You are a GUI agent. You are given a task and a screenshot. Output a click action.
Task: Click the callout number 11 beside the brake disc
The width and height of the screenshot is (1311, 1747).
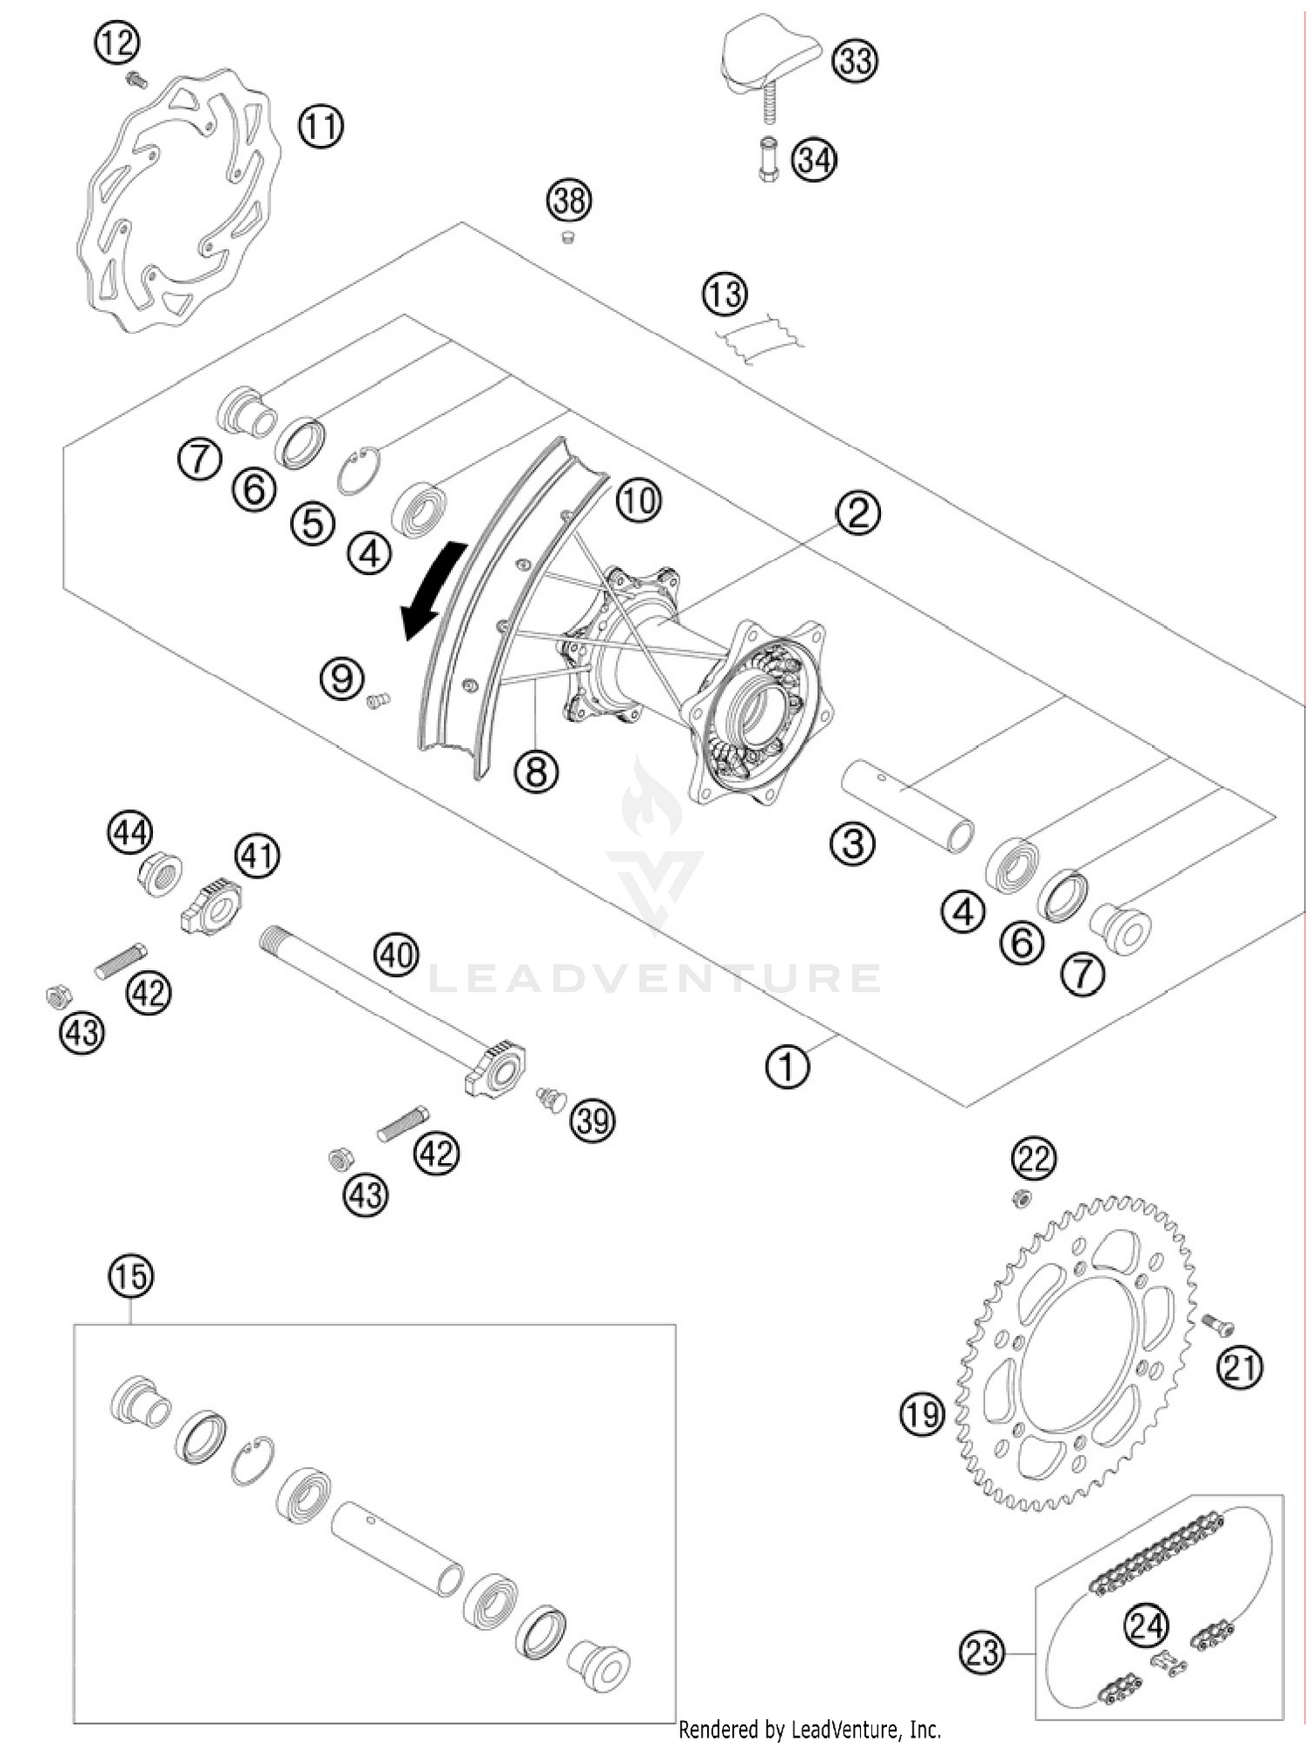pyautogui.click(x=321, y=126)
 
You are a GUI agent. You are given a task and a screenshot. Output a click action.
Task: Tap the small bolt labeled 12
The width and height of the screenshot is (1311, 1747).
pyautogui.click(x=135, y=80)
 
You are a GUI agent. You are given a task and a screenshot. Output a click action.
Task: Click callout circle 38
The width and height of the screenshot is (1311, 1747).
pyautogui.click(x=569, y=201)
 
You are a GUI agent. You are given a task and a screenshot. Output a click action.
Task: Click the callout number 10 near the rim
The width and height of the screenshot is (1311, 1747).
pyautogui.click(x=638, y=501)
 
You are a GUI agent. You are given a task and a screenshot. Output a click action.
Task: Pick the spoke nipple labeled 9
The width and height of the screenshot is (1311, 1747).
pyautogui.click(x=378, y=699)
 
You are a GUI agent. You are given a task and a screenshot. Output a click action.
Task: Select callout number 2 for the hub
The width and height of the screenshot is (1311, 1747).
pyautogui.click(x=857, y=512)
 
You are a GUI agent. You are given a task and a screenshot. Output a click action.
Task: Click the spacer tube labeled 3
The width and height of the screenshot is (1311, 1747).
pyautogui.click(x=909, y=804)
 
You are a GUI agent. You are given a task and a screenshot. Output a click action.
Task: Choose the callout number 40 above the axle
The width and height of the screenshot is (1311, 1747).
pyautogui.click(x=397, y=954)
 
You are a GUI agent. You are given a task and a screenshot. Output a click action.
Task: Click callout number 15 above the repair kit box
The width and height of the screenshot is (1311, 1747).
pyautogui.click(x=130, y=1277)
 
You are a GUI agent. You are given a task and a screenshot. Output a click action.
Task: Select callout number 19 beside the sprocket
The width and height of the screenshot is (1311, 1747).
pyautogui.click(x=922, y=1413)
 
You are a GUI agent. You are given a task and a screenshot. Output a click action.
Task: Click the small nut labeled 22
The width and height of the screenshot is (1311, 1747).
pyautogui.click(x=1019, y=1200)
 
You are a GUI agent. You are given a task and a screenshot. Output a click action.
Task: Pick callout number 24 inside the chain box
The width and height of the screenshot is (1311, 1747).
pyautogui.click(x=1146, y=1626)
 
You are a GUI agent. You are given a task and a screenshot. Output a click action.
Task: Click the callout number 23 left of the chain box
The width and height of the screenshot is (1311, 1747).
pyautogui.click(x=982, y=1653)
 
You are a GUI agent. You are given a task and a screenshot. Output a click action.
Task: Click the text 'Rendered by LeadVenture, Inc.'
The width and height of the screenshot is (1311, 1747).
pyautogui.click(x=809, y=1729)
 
